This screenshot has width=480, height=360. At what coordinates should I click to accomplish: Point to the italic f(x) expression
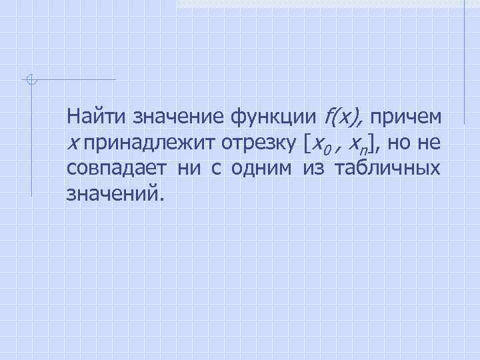click(x=342, y=117)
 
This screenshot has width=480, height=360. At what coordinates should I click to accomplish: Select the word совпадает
click(x=118, y=169)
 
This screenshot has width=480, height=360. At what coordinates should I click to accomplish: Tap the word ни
click(x=191, y=169)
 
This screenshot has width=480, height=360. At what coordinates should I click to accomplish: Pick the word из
click(x=313, y=169)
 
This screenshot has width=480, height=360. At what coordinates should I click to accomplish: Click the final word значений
click(x=114, y=194)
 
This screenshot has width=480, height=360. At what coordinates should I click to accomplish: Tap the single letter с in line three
click(x=216, y=169)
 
